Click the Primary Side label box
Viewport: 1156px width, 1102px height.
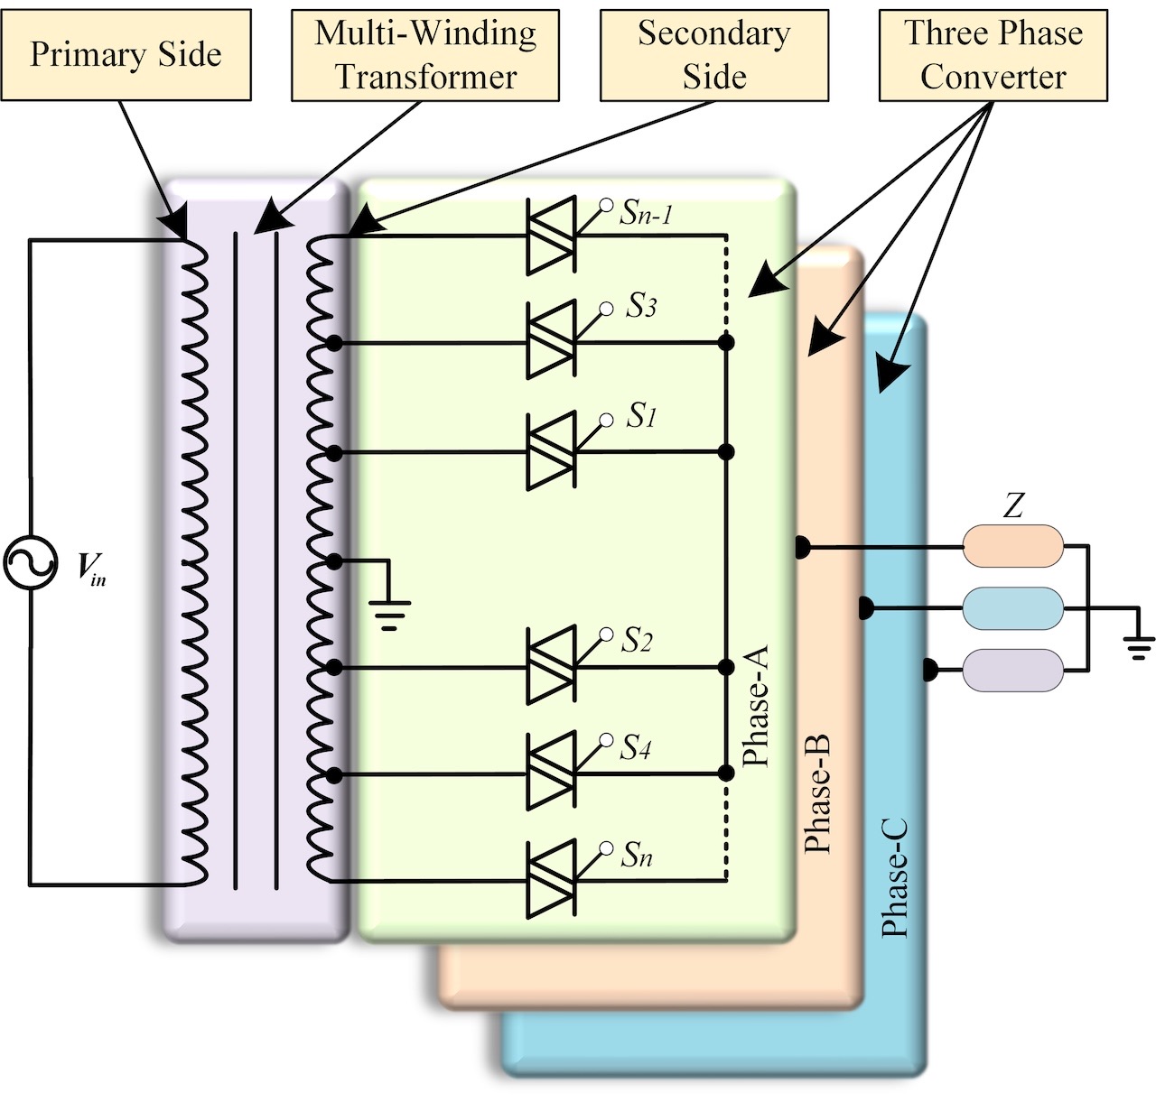[x=126, y=55]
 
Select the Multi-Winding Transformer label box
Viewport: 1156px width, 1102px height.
[x=425, y=55]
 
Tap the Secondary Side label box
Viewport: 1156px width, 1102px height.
[x=713, y=55]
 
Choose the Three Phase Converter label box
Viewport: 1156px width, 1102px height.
[x=993, y=55]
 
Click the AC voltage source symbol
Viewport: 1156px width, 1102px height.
[x=30, y=563]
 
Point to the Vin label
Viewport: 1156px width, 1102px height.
[x=90, y=569]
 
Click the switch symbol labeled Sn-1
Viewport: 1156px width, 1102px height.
[x=551, y=236]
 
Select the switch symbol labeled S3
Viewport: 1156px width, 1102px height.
[x=551, y=341]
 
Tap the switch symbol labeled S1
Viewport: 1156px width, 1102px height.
[x=551, y=451]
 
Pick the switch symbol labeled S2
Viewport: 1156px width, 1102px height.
[x=551, y=666]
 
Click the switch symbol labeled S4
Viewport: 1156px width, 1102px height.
[x=551, y=773]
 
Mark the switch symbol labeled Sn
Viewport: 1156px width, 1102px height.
[x=551, y=880]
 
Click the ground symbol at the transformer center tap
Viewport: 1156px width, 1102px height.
[x=389, y=614]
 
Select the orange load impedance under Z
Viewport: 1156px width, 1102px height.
[x=1012, y=546]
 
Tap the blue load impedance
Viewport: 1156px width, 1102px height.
[x=1012, y=608]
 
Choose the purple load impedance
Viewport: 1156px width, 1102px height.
[x=1012, y=670]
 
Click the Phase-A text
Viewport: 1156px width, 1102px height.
[x=755, y=706]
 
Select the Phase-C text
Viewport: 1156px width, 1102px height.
[x=894, y=878]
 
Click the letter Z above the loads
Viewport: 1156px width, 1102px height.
[x=1013, y=505]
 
